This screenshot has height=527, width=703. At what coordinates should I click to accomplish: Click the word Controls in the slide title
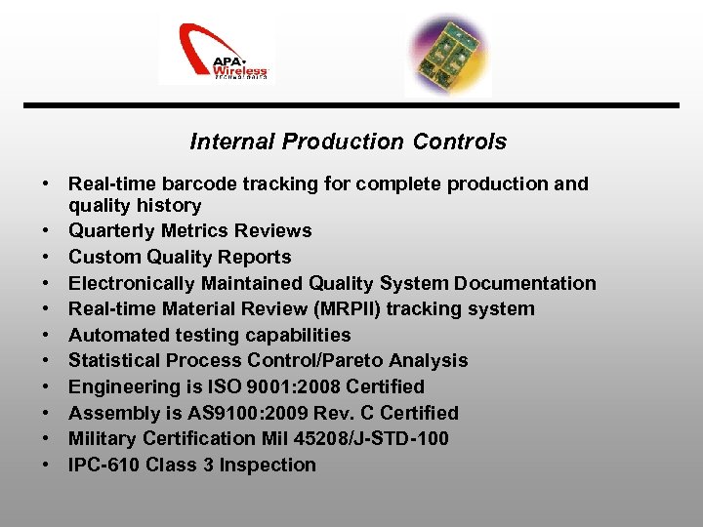[x=460, y=142]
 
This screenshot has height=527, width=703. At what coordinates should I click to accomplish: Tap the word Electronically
[x=132, y=284]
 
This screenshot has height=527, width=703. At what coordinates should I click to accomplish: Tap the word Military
[x=103, y=439]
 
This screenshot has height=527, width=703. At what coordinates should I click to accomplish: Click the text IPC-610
[x=103, y=466]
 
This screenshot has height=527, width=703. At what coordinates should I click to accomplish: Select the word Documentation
[x=528, y=284]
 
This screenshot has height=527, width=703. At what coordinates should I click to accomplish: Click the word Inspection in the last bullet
[x=268, y=466]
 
